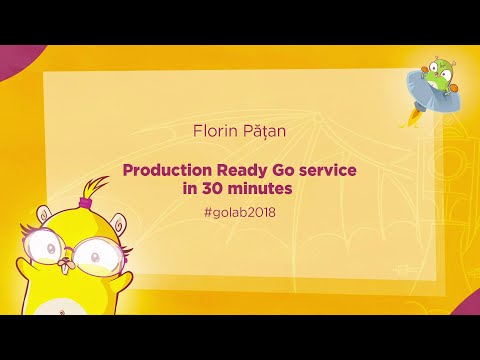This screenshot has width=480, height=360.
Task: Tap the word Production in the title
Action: click(x=165, y=170)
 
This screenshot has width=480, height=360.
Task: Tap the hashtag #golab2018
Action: click(x=238, y=211)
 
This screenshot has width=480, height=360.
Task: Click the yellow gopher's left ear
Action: click(x=40, y=212)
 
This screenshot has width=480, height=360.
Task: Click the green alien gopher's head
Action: click(x=438, y=75)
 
